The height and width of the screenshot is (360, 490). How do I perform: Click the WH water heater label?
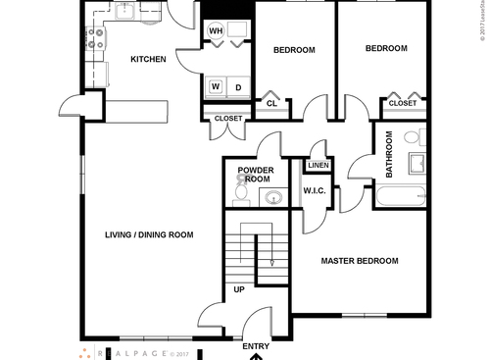[217, 30]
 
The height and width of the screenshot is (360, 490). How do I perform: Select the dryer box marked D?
[237, 86]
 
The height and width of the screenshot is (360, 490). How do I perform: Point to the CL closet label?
[271, 103]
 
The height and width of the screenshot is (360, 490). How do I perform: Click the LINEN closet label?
[319, 166]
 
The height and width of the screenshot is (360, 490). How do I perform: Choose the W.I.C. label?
[314, 191]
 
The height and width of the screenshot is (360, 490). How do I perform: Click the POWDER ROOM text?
[255, 175]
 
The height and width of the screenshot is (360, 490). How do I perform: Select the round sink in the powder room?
[272, 198]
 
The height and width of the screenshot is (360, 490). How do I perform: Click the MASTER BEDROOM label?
[361, 261]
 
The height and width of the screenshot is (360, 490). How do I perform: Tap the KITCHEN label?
[148, 60]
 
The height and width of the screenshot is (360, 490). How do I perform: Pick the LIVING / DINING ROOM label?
[149, 234]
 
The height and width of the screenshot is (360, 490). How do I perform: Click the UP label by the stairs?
[238, 289]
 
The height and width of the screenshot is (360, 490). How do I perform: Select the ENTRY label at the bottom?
[255, 346]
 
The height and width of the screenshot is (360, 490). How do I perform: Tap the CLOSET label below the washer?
[227, 119]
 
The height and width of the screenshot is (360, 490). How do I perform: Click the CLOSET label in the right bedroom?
[402, 103]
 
